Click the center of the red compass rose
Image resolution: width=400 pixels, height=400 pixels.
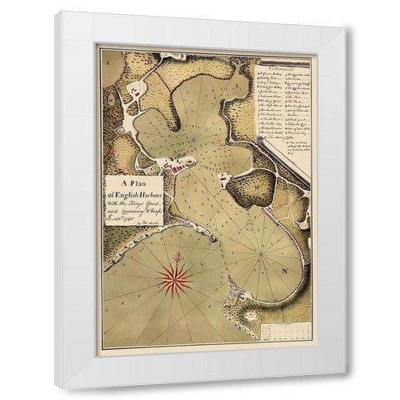coord(174,277)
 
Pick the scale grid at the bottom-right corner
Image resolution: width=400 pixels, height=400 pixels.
coord(286,331)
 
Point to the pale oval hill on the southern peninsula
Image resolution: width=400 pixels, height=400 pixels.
coord(249,316)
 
